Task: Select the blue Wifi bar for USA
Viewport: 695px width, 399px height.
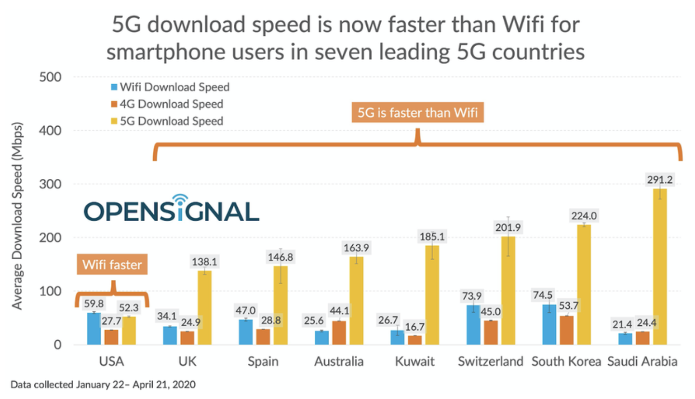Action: (x=94, y=329)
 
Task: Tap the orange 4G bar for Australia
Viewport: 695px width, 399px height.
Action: (x=339, y=332)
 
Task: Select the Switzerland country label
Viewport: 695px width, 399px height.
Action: (x=491, y=361)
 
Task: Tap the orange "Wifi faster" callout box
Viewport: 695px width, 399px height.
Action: (x=112, y=264)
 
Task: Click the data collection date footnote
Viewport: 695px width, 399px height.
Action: (x=104, y=385)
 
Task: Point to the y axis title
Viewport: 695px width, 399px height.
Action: (x=17, y=212)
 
